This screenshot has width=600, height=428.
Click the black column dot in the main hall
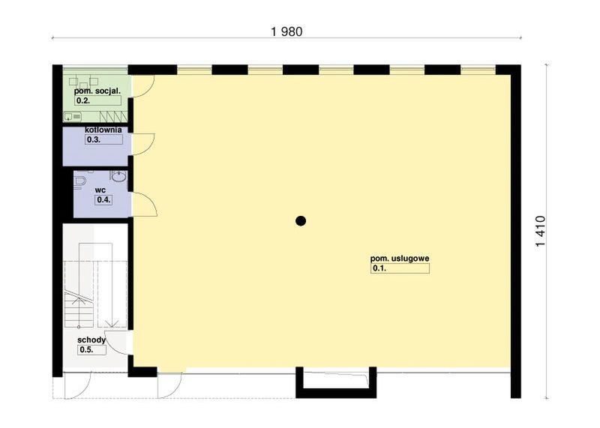coord(301,220)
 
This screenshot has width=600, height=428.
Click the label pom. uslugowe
coord(400,258)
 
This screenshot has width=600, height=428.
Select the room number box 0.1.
coord(399,268)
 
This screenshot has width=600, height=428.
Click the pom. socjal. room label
coord(98,91)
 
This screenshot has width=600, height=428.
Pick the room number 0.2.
coord(83,100)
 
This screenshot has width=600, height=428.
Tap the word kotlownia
coord(103,130)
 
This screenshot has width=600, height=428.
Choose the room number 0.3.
coord(94,139)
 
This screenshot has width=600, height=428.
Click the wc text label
coord(100,190)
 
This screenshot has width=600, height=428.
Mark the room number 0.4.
coord(103,199)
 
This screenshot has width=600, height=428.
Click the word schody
coord(91,340)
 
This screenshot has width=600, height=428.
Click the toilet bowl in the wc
coord(80,181)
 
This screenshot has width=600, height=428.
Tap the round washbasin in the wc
coord(118,177)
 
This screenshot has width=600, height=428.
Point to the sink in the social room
coord(73,117)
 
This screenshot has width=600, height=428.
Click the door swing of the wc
coord(143,202)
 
